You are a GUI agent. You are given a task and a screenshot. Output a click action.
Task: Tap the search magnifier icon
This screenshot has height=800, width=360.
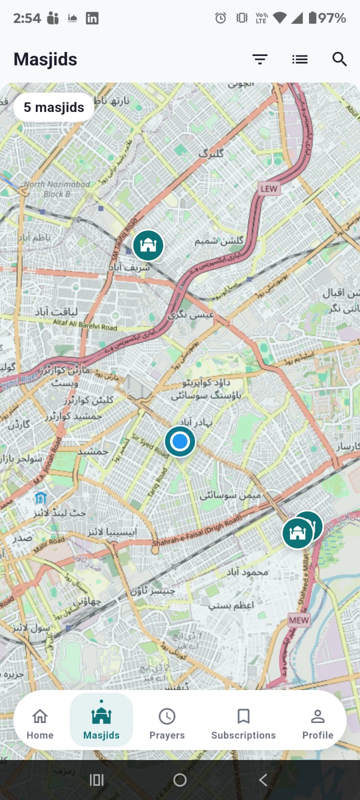(x=339, y=59)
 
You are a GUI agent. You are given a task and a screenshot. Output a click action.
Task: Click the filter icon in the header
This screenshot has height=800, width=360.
(x=260, y=59)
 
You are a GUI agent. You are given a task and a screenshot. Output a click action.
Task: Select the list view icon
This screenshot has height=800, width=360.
(x=300, y=59)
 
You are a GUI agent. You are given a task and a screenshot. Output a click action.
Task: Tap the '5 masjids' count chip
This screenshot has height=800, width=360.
(x=54, y=107)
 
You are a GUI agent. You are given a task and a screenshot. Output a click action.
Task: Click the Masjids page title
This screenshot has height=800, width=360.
(x=45, y=59)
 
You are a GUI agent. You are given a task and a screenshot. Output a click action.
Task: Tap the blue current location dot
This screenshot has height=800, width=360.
(x=180, y=441)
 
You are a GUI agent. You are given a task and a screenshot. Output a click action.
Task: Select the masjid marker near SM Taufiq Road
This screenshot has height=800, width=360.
(x=148, y=245)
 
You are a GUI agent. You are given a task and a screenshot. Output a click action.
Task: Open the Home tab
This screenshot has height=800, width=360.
(x=40, y=723)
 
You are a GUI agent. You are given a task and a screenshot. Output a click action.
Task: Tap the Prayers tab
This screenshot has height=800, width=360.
(x=167, y=723)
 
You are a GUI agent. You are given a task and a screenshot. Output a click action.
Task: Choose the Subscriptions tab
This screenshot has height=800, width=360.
(x=243, y=723)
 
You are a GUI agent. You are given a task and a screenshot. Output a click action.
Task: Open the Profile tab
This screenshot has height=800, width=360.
(x=317, y=723)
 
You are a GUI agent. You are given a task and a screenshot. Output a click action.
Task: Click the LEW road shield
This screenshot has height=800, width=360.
(x=268, y=188)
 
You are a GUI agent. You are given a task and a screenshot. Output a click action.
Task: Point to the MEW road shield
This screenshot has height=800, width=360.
(x=298, y=620)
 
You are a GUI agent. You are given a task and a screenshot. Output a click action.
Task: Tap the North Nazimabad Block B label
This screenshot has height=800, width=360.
(x=57, y=189)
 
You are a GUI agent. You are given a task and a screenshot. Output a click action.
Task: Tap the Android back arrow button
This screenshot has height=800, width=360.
(x=263, y=779)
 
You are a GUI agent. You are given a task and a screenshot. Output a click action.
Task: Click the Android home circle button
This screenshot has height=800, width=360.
(x=180, y=779)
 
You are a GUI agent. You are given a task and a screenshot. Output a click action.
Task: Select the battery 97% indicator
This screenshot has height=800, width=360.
(x=327, y=18)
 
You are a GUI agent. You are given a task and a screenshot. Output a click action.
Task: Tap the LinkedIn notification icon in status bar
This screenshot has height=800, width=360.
(x=92, y=18)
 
